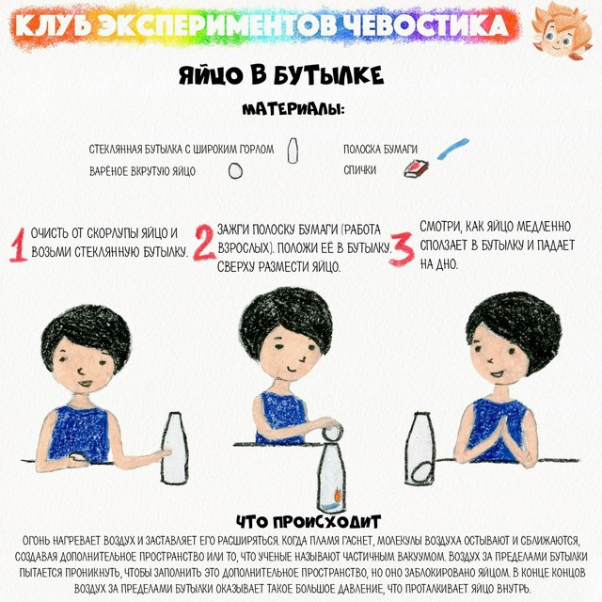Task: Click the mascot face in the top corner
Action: point(562,31)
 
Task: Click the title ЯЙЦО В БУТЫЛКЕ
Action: point(281,74)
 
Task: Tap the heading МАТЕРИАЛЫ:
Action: point(293,109)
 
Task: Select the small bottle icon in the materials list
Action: point(293,150)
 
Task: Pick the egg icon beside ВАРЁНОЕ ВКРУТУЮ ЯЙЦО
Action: point(235,171)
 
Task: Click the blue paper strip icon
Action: point(453,149)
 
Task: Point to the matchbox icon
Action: point(416,169)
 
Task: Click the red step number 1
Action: point(18,245)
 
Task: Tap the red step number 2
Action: point(204,243)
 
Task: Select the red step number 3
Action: point(402,248)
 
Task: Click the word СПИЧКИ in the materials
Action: point(359,169)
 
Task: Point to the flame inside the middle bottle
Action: point(338,495)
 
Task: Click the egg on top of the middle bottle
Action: point(332,431)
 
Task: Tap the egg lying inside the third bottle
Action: point(421,472)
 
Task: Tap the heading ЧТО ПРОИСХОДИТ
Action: point(309,522)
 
